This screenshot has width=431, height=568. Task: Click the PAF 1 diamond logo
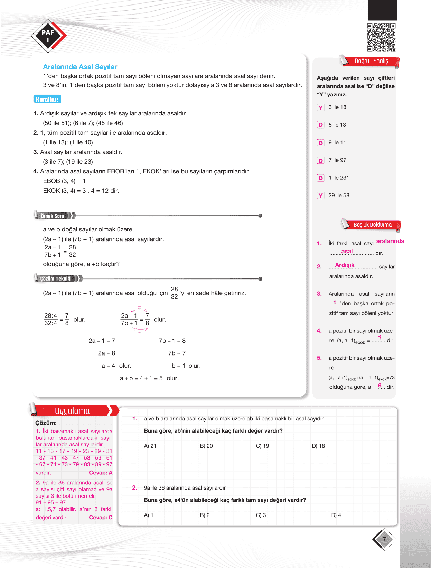(x=48, y=36)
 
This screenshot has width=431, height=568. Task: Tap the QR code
(x=381, y=37)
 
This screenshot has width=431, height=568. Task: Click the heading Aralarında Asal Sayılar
(x=80, y=67)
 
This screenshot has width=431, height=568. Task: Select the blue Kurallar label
(x=47, y=100)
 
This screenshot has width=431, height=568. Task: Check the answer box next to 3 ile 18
(x=320, y=107)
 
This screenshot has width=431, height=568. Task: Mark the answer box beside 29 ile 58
(x=320, y=196)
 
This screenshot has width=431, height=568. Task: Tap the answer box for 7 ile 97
(x=320, y=160)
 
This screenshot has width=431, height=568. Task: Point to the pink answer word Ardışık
(x=345, y=265)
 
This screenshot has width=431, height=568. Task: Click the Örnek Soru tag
(x=53, y=216)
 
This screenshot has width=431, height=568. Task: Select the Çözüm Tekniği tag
(x=56, y=278)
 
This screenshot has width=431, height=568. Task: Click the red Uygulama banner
(x=72, y=411)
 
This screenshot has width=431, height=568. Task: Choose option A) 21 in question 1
(x=150, y=446)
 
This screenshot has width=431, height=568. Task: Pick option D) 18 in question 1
(x=318, y=446)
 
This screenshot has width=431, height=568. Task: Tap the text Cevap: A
(x=101, y=473)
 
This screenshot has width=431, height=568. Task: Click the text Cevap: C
(x=101, y=518)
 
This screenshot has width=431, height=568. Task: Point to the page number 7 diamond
(x=384, y=539)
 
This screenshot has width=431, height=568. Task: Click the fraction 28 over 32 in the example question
(x=72, y=251)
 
